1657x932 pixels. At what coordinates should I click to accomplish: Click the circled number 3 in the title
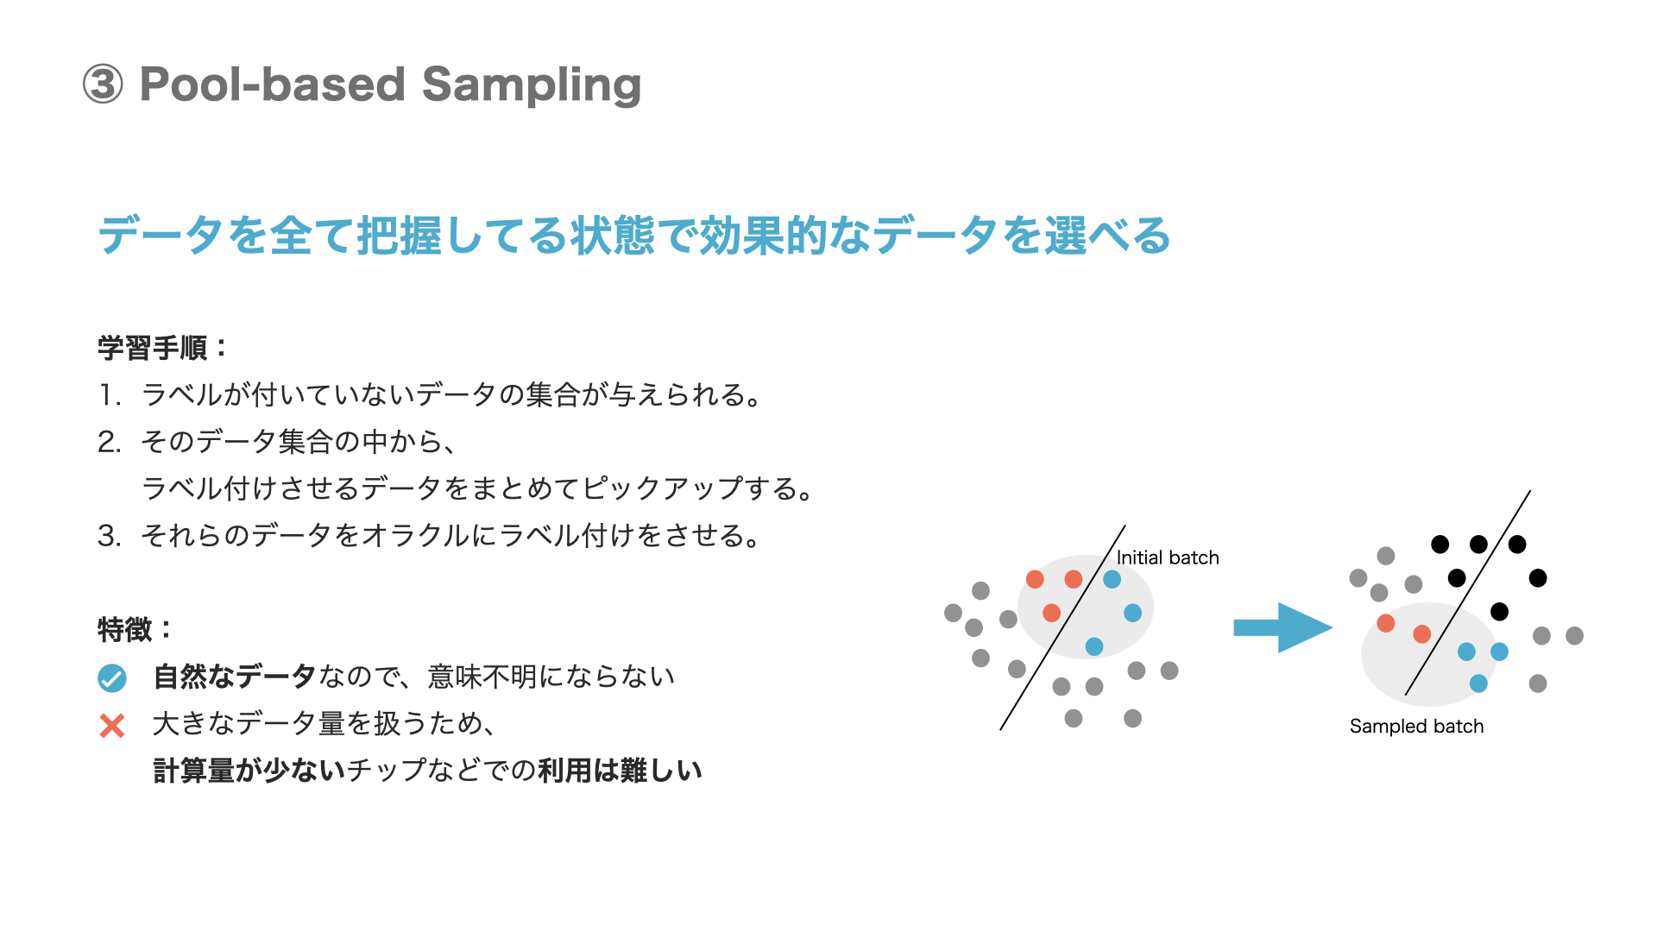point(103,85)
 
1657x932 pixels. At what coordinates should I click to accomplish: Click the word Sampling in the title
point(531,85)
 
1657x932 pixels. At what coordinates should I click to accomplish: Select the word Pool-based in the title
point(272,85)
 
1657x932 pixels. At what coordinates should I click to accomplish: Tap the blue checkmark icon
point(112,678)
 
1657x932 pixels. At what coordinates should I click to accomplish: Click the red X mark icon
point(112,725)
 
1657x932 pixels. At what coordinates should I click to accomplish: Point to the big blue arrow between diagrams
point(1282,627)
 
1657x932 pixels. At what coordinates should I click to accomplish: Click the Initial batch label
point(1168,557)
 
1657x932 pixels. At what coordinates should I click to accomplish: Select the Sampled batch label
point(1416,726)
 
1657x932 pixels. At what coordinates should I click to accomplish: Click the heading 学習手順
point(153,349)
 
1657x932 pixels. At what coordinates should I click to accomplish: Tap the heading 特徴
point(125,629)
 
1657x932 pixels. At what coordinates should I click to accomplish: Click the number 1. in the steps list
point(109,395)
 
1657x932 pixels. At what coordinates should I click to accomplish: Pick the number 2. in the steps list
point(109,442)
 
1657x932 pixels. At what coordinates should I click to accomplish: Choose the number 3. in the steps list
point(109,536)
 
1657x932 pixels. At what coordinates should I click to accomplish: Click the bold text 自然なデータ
point(234,677)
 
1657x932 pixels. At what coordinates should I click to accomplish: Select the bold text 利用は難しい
point(620,770)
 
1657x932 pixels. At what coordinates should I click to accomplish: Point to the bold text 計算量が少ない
point(249,770)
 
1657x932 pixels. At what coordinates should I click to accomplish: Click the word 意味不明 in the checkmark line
point(482,677)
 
